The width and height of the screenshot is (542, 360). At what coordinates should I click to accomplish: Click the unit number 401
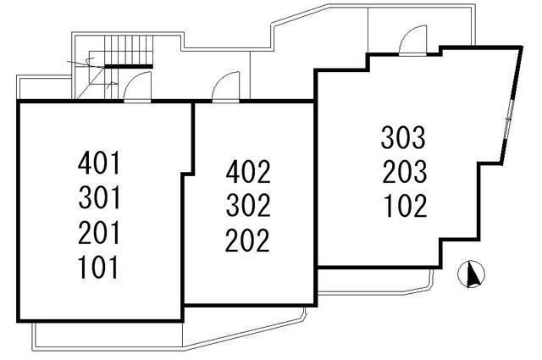click(x=99, y=163)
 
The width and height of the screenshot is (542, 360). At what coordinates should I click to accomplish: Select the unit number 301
click(x=99, y=197)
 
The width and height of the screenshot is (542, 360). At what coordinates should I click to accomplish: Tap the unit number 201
click(x=99, y=232)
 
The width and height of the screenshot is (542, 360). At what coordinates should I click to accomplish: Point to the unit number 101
click(x=99, y=267)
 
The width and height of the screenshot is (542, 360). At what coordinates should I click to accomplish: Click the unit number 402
click(x=248, y=171)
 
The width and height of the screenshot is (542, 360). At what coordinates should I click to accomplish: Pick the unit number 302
click(x=248, y=206)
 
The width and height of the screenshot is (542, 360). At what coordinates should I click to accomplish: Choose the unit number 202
click(x=248, y=240)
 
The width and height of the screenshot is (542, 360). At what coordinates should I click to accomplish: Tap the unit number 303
click(x=403, y=137)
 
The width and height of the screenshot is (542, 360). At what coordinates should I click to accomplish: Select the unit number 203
click(x=404, y=172)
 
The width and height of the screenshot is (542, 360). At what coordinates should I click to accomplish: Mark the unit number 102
click(x=405, y=206)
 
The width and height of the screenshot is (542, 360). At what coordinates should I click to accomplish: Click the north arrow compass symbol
click(x=471, y=274)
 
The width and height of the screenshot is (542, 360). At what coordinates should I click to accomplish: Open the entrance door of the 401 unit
click(x=137, y=87)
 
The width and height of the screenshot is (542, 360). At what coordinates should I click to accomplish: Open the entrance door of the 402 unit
click(x=226, y=87)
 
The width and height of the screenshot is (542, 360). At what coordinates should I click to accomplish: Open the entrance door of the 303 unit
click(x=412, y=41)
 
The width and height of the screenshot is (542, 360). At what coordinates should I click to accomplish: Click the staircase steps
click(x=129, y=49)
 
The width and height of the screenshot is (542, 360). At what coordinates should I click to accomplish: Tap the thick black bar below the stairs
click(x=129, y=66)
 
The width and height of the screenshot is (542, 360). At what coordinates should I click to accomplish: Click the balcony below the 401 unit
click(x=108, y=335)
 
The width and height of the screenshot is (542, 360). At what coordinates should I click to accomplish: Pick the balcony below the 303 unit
click(x=375, y=281)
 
